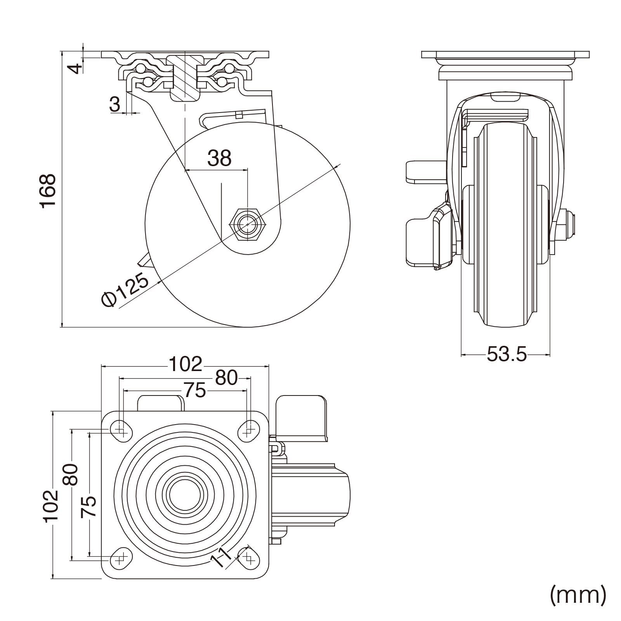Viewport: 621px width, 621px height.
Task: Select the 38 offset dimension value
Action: pyautogui.click(x=219, y=158)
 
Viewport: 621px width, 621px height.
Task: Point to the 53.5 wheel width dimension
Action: pyautogui.click(x=507, y=354)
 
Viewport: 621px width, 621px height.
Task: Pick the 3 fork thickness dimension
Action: pyautogui.click(x=115, y=104)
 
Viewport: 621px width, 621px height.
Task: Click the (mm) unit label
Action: pyautogui.click(x=578, y=594)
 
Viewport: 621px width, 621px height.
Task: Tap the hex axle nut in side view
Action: pyautogui.click(x=248, y=224)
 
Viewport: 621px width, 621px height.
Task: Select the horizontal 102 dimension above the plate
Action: pyautogui.click(x=185, y=364)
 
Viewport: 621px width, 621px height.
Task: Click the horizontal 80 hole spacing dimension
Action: pyautogui.click(x=226, y=378)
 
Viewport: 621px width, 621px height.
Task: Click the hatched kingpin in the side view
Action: pyautogui.click(x=185, y=78)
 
